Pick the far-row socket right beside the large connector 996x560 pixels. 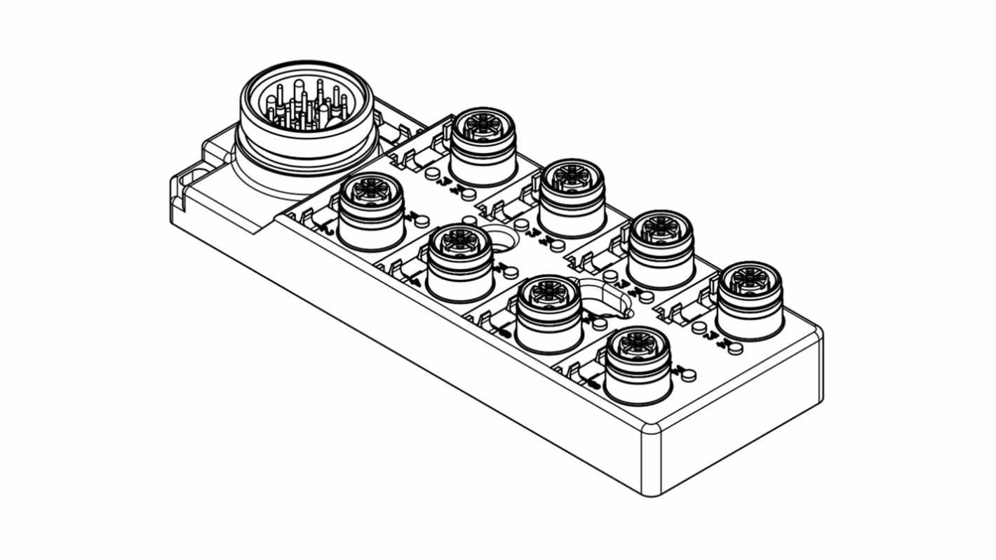point(483,146)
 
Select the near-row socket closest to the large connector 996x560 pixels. point(371,211)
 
